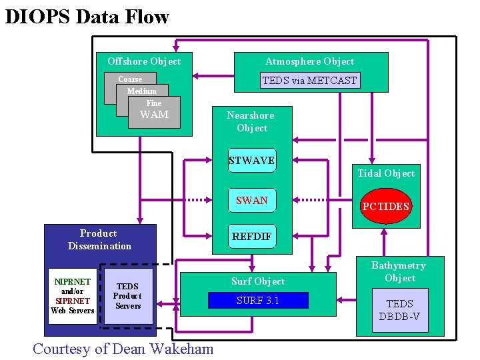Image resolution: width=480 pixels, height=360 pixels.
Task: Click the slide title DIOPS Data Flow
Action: click(87, 17)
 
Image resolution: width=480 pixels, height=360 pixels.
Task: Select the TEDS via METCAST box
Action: click(310, 81)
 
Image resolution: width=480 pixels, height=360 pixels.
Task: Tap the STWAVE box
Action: click(251, 161)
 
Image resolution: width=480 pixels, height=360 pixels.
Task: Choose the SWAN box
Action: click(252, 200)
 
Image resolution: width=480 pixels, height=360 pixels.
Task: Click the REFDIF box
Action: click(252, 236)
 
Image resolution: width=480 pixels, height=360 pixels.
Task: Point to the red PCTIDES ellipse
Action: click(385, 206)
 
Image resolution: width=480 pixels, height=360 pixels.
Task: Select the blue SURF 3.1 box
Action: click(258, 301)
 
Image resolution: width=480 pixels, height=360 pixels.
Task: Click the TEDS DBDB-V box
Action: click(399, 309)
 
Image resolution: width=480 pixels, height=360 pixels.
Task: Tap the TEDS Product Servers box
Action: click(127, 296)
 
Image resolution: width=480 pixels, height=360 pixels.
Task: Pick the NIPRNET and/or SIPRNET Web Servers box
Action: click(73, 296)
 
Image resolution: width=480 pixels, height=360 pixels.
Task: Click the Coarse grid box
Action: click(129, 79)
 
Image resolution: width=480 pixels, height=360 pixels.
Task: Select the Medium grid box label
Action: click(142, 91)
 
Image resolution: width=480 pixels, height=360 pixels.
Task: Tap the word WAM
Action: click(154, 115)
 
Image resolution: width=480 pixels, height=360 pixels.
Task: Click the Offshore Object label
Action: click(144, 61)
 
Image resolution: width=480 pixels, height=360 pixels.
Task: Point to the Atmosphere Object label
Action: click(310, 61)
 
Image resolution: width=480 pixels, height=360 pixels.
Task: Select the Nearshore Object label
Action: click(251, 121)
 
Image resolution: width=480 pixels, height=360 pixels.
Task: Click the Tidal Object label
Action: click(386, 173)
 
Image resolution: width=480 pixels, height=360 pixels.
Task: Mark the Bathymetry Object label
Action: click(399, 271)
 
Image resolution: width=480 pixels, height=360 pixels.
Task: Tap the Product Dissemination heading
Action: click(99, 239)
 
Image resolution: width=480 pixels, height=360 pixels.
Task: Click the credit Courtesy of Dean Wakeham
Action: click(123, 348)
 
